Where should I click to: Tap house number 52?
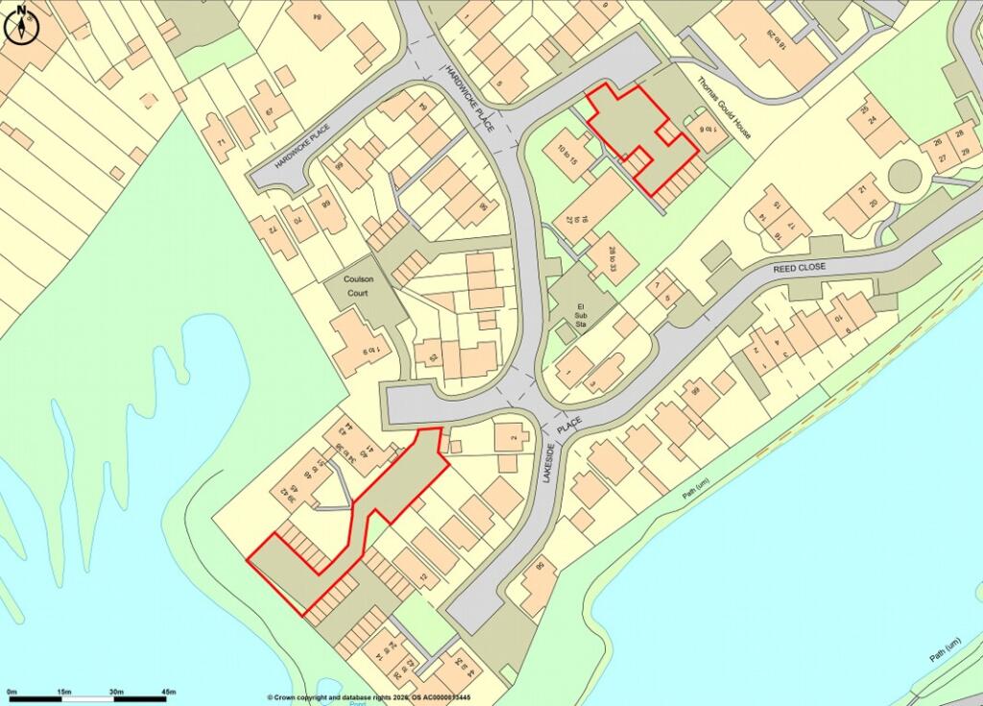tap(434, 358)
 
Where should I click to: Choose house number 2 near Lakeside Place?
tap(513, 440)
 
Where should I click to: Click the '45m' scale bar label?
tap(169, 692)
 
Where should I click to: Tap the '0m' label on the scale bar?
tap(12, 692)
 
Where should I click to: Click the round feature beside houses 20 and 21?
tap(903, 176)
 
